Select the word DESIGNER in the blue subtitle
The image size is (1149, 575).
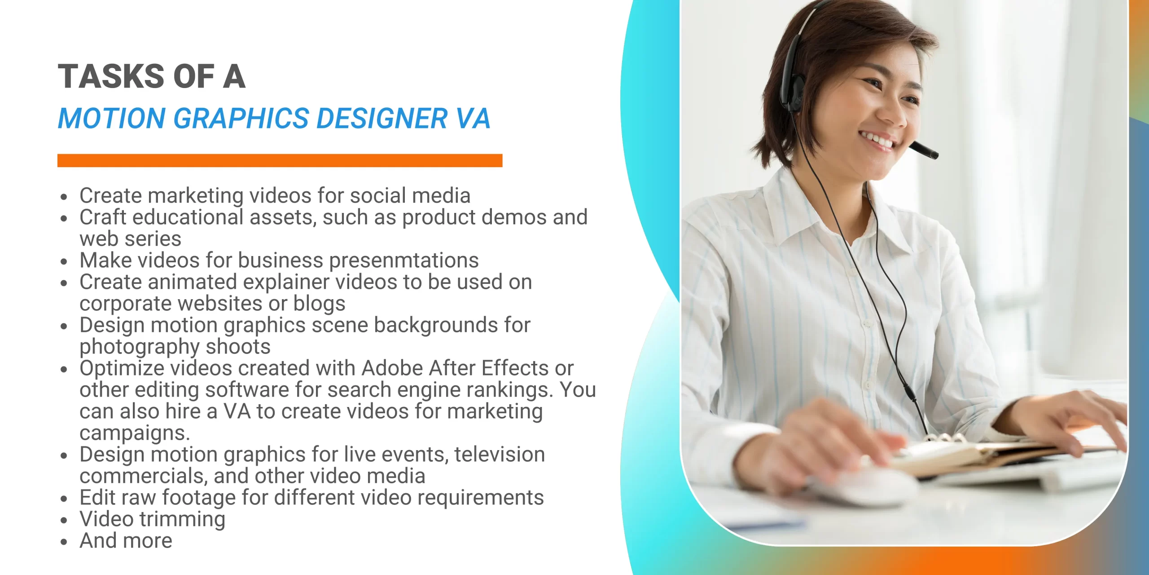tap(382, 119)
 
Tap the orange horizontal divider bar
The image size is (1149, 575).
tap(280, 160)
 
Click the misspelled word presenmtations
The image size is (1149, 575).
tap(404, 261)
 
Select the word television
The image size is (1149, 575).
tap(499, 455)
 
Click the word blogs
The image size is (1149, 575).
tap(319, 304)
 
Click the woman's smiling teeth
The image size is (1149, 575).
tap(878, 139)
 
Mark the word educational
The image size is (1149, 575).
tap(188, 217)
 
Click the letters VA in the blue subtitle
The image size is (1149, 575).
tap(473, 119)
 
